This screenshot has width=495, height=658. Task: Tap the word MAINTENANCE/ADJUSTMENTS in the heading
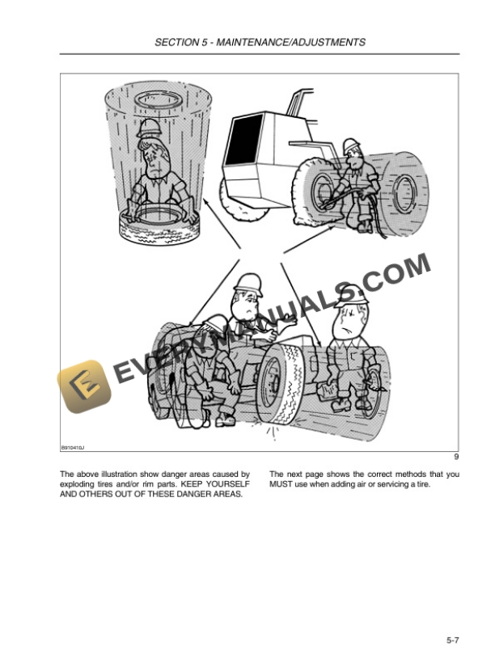(290, 42)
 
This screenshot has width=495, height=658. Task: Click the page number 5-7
(453, 640)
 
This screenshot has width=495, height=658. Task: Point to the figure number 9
(456, 457)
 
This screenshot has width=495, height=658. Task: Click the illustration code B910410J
(73, 448)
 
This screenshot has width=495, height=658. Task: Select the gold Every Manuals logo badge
(84, 386)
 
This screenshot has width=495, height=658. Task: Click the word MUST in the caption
(280, 484)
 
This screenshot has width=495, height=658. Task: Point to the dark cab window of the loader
(244, 140)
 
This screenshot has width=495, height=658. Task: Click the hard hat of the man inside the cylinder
(149, 128)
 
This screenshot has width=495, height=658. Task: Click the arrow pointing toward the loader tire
(310, 239)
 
